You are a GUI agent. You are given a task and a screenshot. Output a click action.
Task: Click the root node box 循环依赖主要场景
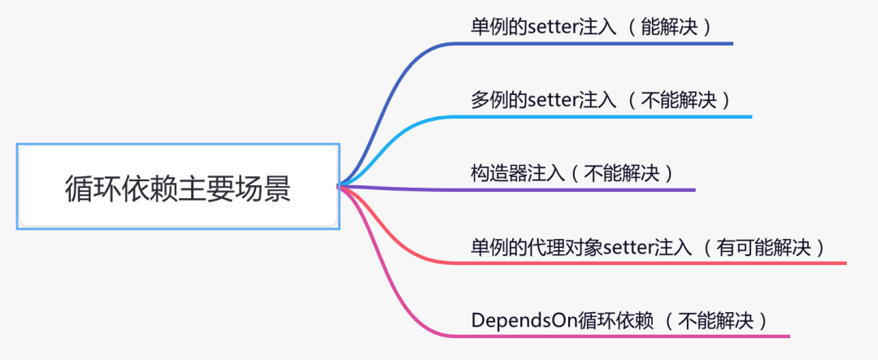[x=177, y=186]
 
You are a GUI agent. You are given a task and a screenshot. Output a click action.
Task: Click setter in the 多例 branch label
[x=553, y=100]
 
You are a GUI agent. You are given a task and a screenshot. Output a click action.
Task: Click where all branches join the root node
[x=340, y=186]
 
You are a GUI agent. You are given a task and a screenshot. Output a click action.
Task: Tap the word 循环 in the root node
[x=93, y=189]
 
